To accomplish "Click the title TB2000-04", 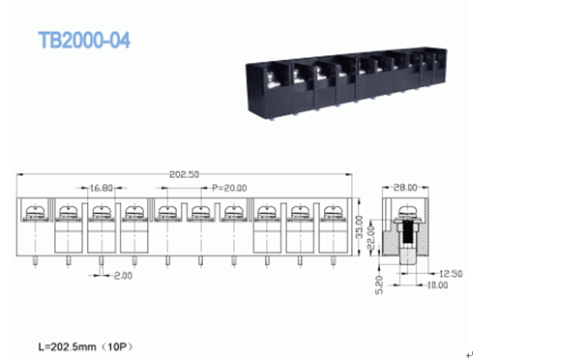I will click(x=83, y=41).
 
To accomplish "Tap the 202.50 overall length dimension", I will click(x=184, y=175).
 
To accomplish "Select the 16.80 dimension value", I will click(x=101, y=188).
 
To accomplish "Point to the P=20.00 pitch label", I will click(x=230, y=188).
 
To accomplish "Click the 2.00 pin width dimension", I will click(x=122, y=276).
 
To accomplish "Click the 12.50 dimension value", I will click(x=451, y=274).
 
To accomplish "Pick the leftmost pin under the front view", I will click(x=35, y=260).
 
